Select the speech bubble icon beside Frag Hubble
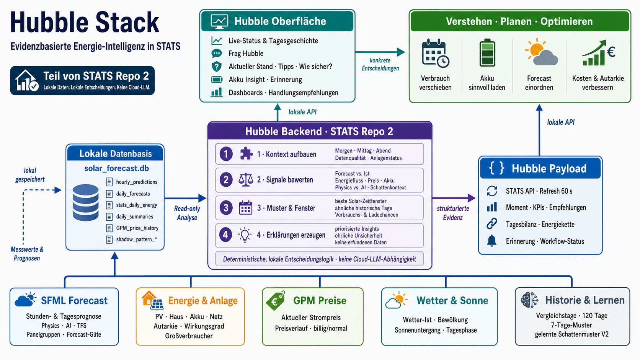point(217,54)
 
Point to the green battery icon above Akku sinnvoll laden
point(487,52)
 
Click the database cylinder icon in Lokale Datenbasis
point(85,202)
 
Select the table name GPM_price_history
point(137,228)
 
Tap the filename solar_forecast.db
point(117,168)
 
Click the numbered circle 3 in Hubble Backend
point(226,208)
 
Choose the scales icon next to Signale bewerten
point(246,180)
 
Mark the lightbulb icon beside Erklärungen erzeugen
point(245,235)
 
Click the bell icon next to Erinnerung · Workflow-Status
point(492,241)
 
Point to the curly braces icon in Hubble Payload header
point(496,168)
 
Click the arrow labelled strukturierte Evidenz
point(454,198)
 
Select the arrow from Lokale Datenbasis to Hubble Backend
point(185,198)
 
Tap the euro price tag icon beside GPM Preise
point(276,300)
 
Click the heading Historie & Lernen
point(584,300)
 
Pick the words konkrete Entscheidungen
point(380,64)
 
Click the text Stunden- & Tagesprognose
point(64,316)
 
